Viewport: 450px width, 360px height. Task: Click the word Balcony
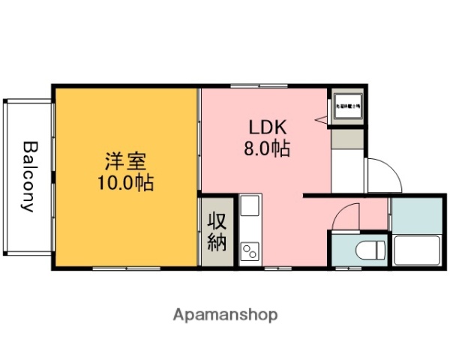pyautogui.click(x=28, y=176)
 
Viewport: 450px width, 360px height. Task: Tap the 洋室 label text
pyautogui.click(x=124, y=160)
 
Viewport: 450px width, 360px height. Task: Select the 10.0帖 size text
pyautogui.click(x=124, y=182)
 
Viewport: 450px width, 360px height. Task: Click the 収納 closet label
pyautogui.click(x=217, y=230)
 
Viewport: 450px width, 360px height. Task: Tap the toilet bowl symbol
pyautogui.click(x=370, y=250)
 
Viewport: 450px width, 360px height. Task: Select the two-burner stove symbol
pyautogui.click(x=249, y=250)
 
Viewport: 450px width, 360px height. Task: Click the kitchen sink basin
pyautogui.click(x=249, y=207)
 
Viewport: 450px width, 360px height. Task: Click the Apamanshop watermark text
pyautogui.click(x=225, y=315)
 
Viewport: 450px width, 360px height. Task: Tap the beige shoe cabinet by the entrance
pyautogui.click(x=347, y=137)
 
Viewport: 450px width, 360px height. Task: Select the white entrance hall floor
pyautogui.click(x=347, y=172)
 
